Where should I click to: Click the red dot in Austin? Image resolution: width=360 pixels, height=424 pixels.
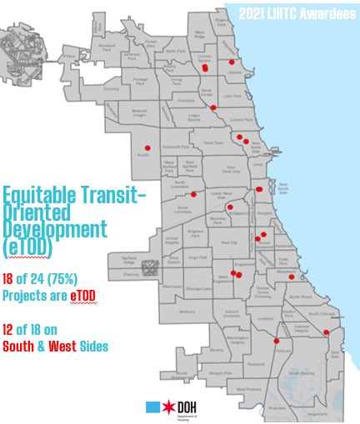[x=147, y=148]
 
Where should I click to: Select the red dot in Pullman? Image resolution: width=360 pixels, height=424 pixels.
[x=276, y=340]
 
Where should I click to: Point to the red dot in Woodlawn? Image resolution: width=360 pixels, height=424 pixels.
[x=292, y=277]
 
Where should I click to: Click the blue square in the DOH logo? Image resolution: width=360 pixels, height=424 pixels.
[x=152, y=407]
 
